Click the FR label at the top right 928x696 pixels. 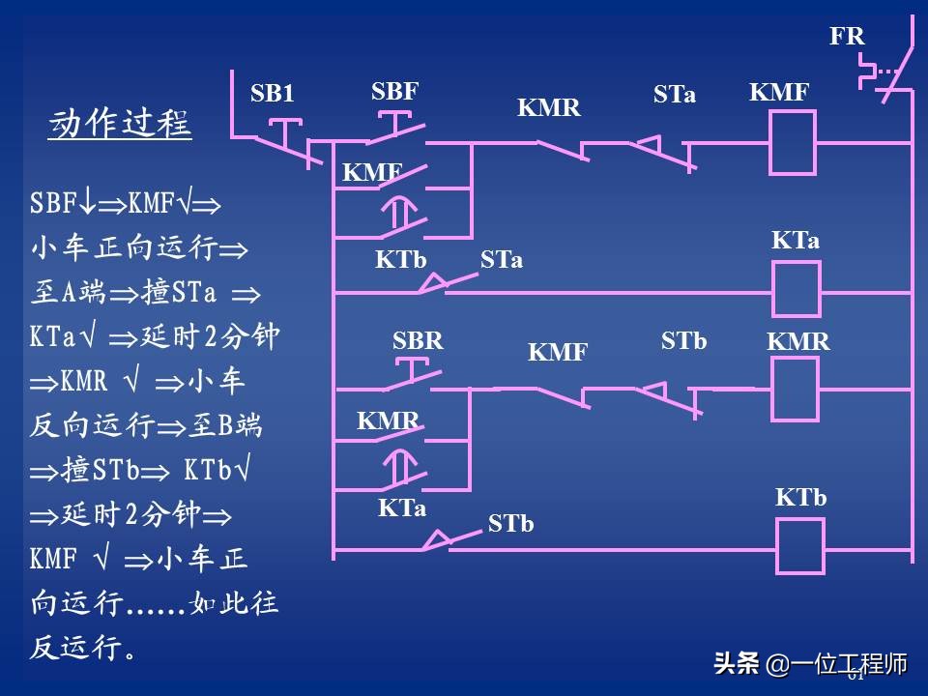pyautogui.click(x=847, y=37)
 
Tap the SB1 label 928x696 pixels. pyautogui.click(x=272, y=94)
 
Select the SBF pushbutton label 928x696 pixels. pyautogui.click(x=394, y=91)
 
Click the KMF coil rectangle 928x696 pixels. pyautogui.click(x=792, y=142)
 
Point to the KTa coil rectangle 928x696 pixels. pyautogui.click(x=796, y=289)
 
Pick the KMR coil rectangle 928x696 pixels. pyautogui.click(x=794, y=390)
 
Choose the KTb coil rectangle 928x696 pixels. pyautogui.click(x=799, y=546)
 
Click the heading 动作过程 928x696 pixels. pyautogui.click(x=120, y=125)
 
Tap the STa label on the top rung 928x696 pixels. pyautogui.click(x=674, y=95)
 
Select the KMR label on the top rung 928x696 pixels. pyautogui.click(x=549, y=107)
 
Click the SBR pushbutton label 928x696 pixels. pyautogui.click(x=418, y=341)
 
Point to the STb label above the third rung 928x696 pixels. pyautogui.click(x=683, y=341)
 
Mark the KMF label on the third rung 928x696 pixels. pyautogui.click(x=558, y=353)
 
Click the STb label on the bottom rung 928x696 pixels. pyautogui.click(x=510, y=524)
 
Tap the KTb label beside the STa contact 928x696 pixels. pyautogui.click(x=401, y=259)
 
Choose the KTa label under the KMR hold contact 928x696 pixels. pyautogui.click(x=402, y=507)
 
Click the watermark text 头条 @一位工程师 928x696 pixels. pyautogui.click(x=810, y=664)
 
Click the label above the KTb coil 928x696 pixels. pyautogui.click(x=800, y=498)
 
